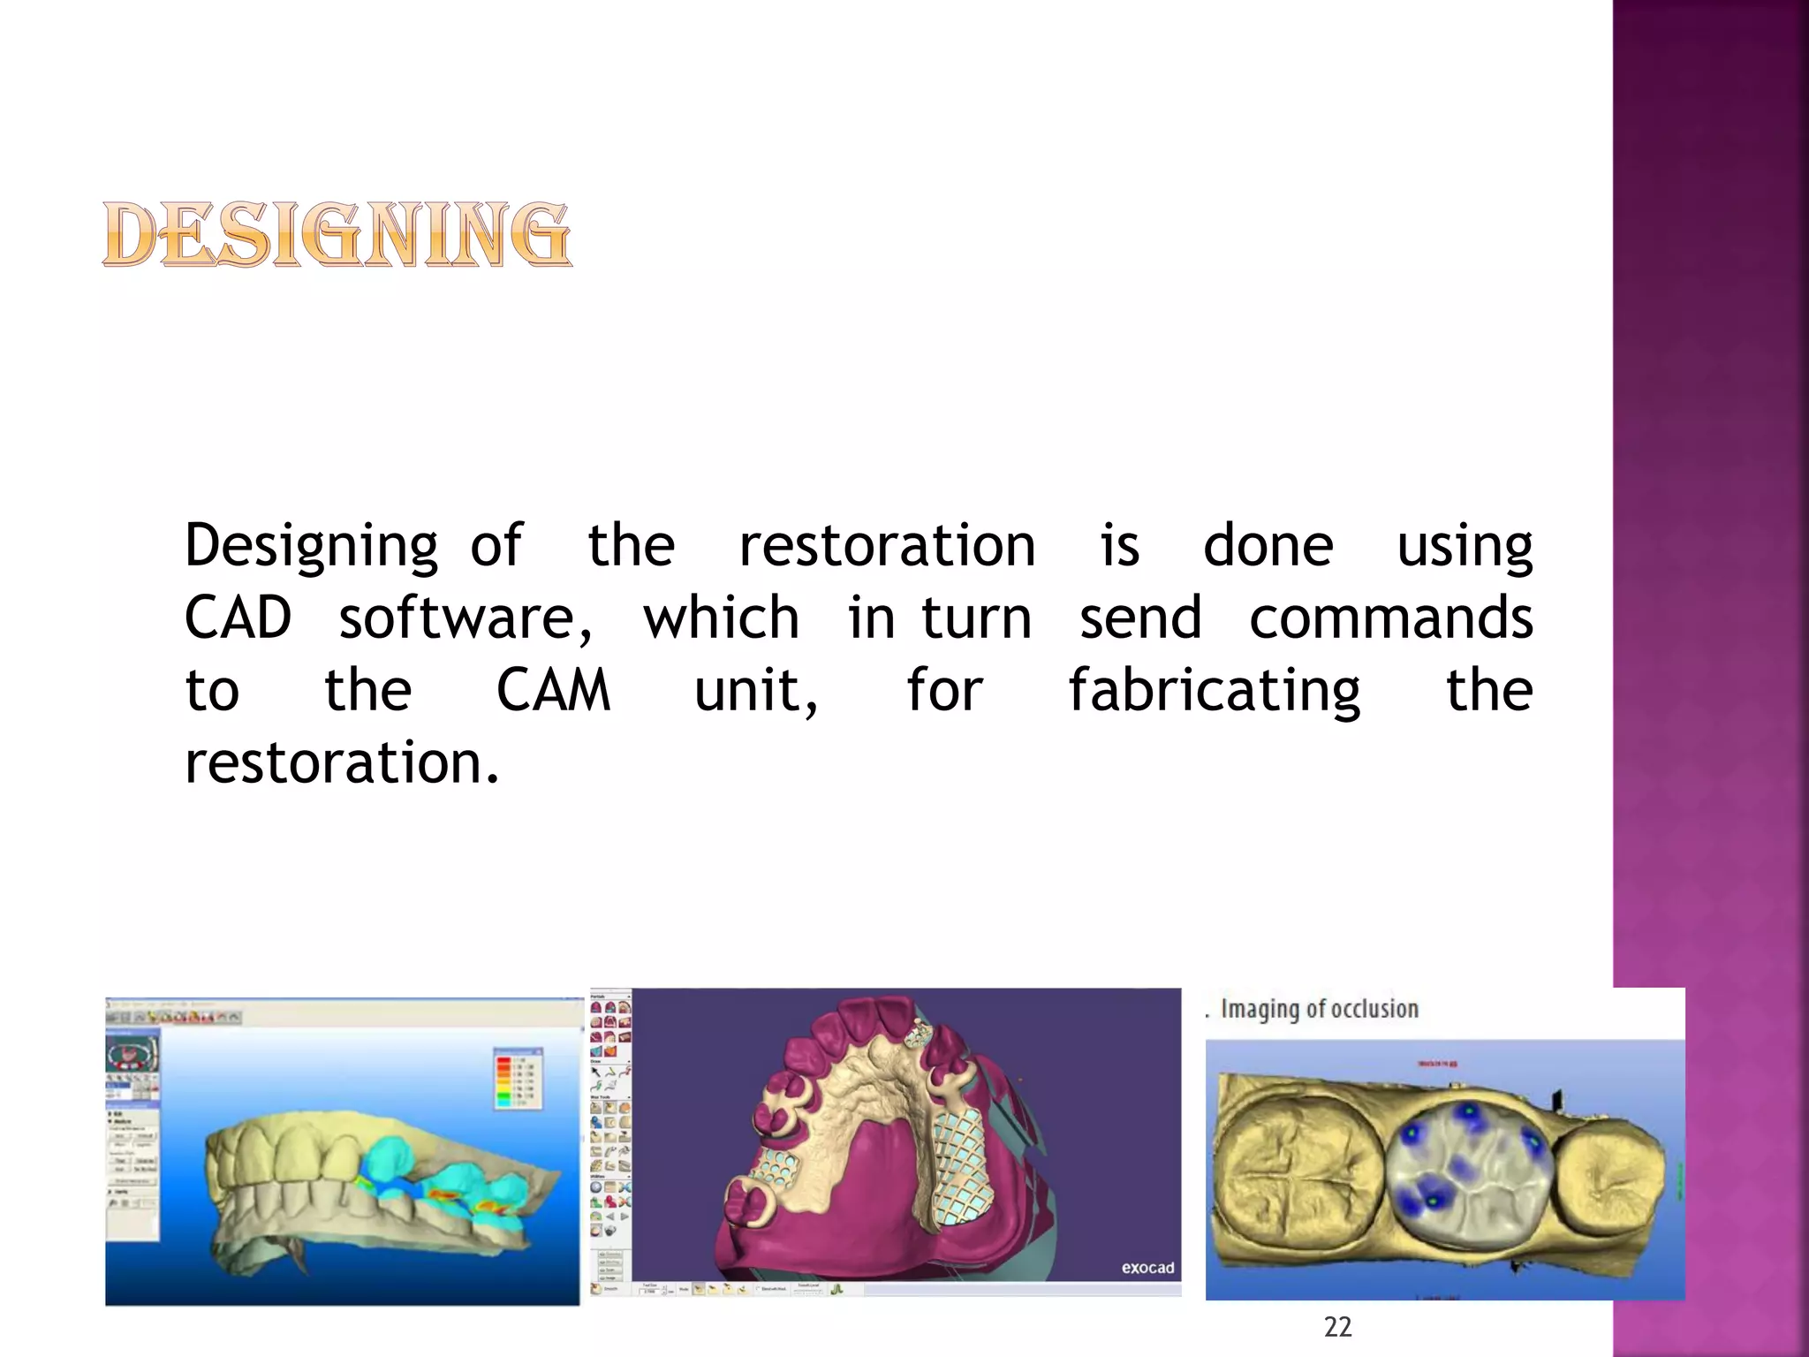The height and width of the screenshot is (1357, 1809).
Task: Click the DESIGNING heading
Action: [337, 234]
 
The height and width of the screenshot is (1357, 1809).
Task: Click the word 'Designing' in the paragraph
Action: [311, 546]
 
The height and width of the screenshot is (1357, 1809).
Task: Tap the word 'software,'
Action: [465, 618]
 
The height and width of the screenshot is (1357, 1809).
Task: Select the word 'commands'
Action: [1390, 618]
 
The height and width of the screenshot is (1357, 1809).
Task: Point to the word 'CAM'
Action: [553, 690]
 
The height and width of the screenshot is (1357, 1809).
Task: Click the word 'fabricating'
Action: [1215, 692]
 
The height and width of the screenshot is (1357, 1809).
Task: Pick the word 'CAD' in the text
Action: [238, 618]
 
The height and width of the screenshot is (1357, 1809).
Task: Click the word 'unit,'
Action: [756, 692]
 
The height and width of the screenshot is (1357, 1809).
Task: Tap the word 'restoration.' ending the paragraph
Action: [342, 762]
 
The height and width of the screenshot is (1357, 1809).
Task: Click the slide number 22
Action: [1337, 1327]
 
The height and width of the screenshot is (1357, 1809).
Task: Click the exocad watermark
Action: [1147, 1268]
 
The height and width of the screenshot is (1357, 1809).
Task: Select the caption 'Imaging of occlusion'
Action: [1319, 1009]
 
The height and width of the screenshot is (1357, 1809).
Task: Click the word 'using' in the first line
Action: [1465, 546]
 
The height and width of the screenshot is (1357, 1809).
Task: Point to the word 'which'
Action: [721, 618]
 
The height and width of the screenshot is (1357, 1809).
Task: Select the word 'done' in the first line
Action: [1268, 546]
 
